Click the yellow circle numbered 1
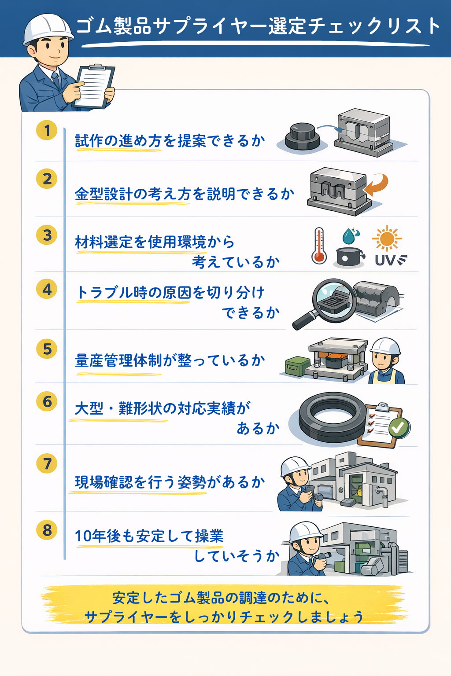[47, 130]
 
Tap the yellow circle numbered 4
[47, 289]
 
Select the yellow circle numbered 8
[47, 530]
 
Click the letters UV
[385, 261]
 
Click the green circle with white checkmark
[399, 427]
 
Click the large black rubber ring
[332, 417]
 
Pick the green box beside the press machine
[297, 366]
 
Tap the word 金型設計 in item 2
[104, 194]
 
